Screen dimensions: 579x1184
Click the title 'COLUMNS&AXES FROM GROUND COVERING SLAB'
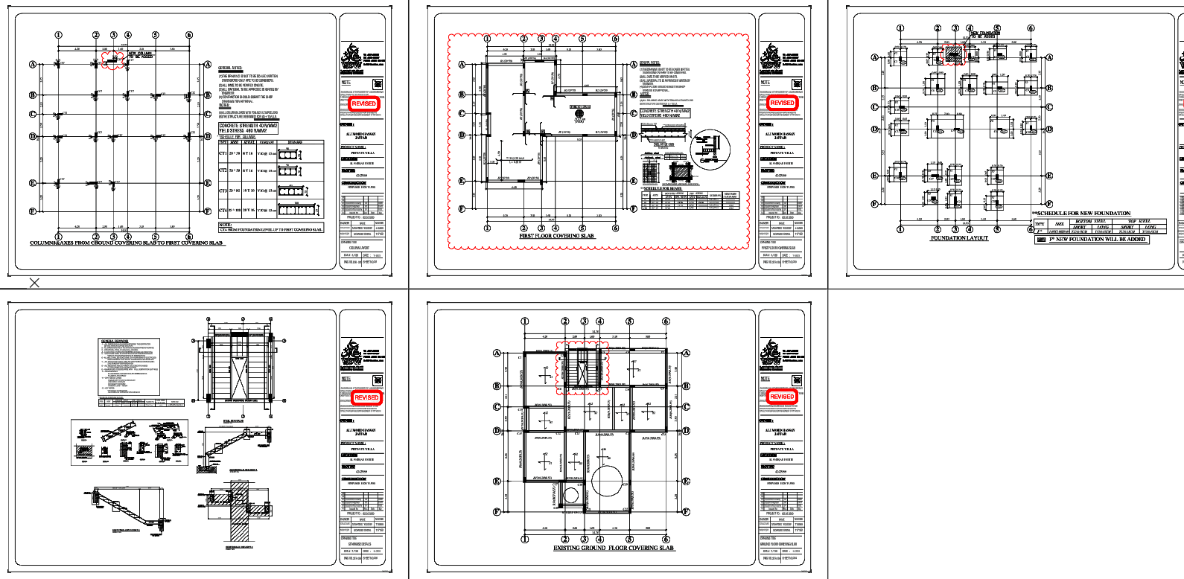(x=127, y=243)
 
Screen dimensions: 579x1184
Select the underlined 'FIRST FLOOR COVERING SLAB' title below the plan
(x=556, y=236)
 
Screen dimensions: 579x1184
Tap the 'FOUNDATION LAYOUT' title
(x=959, y=238)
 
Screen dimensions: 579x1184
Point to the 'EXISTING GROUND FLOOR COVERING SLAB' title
(x=613, y=548)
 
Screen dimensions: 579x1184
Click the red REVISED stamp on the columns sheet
(x=363, y=103)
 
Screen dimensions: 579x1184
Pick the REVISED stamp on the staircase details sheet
(x=366, y=397)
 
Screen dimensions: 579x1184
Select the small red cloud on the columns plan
(x=113, y=60)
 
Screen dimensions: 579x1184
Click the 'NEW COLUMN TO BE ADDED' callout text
(x=141, y=55)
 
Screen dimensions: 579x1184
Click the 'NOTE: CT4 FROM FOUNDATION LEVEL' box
(x=271, y=227)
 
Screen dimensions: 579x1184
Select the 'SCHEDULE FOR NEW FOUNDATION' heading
(x=1083, y=214)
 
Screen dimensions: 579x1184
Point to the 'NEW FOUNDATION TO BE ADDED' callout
(x=984, y=34)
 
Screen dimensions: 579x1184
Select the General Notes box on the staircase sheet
(x=130, y=366)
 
